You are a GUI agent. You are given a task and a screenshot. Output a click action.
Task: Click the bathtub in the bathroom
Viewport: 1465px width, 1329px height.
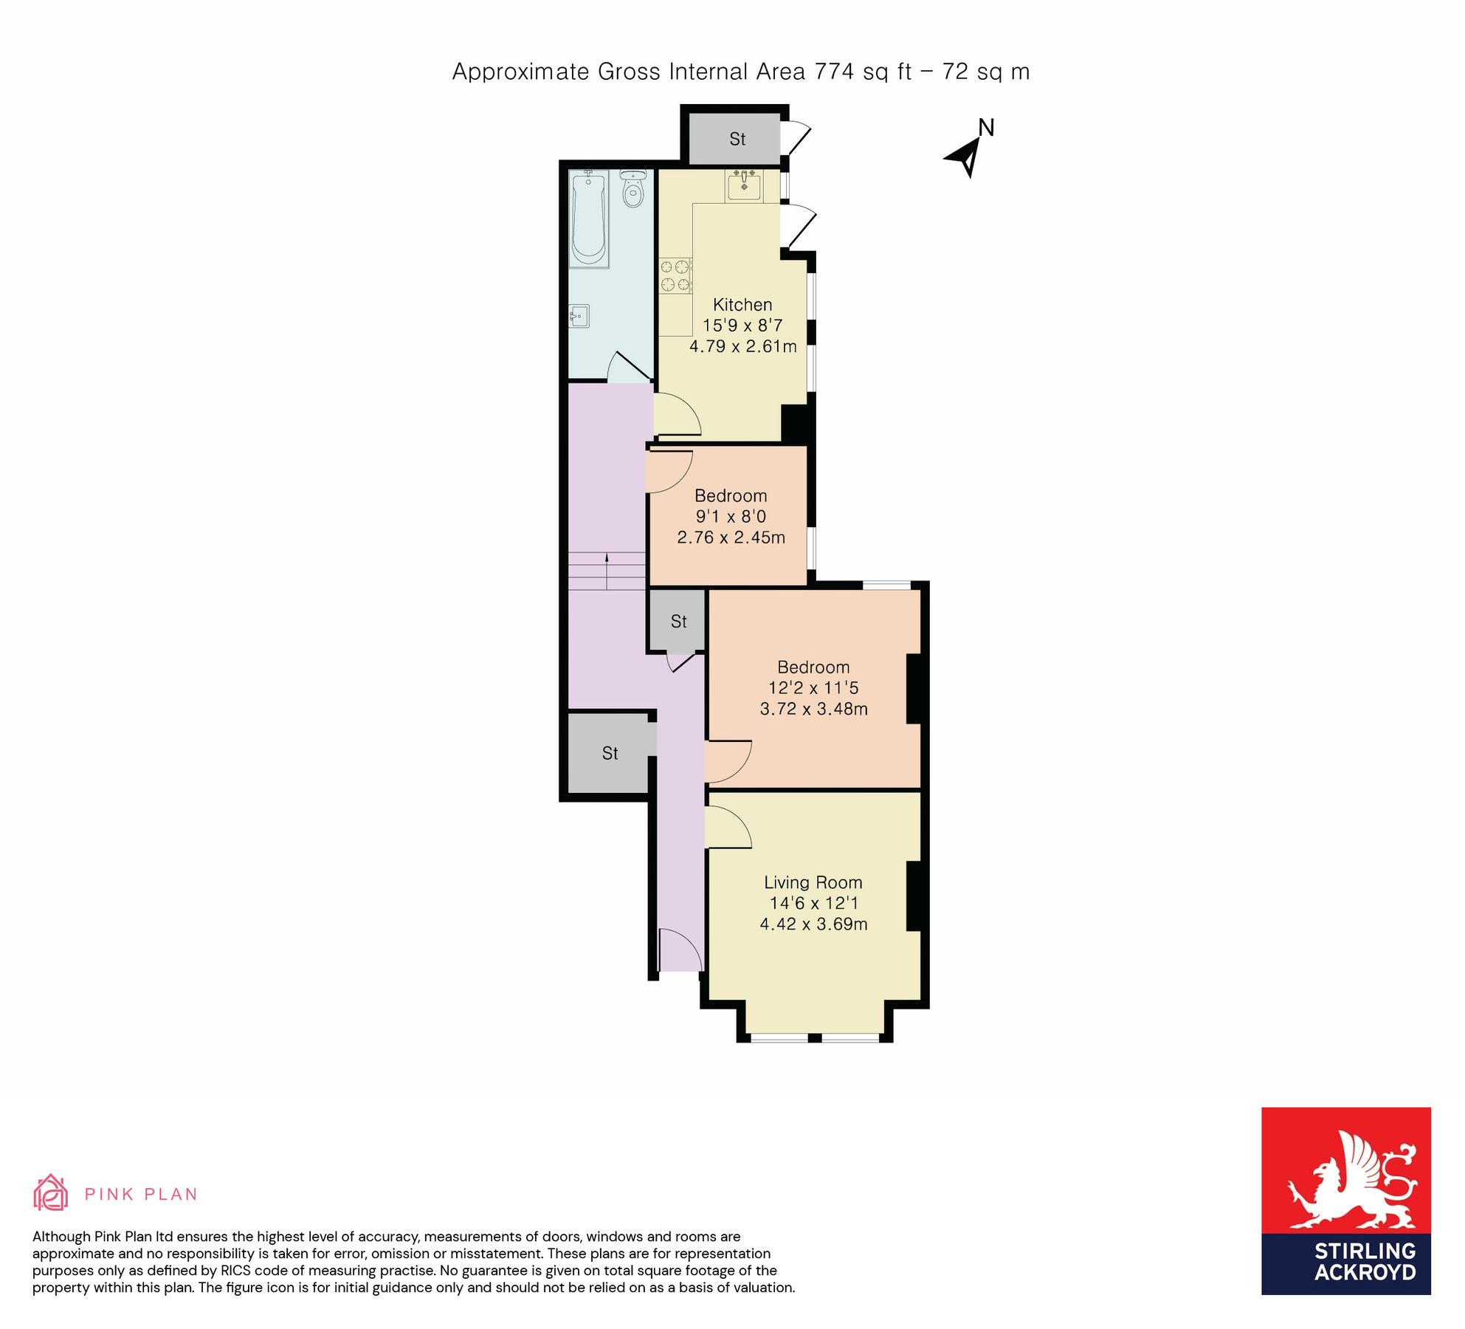point(589,218)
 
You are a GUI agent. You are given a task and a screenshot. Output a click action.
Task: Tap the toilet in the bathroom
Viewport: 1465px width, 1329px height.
point(632,190)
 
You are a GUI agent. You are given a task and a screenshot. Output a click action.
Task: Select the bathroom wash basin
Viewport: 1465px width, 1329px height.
point(579,317)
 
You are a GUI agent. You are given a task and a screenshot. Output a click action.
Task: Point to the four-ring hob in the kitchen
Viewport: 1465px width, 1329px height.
point(675,275)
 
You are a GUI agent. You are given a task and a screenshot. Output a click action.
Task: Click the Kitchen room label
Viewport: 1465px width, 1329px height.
point(742,305)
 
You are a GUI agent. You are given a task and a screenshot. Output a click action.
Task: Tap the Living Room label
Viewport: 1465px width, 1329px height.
point(813,882)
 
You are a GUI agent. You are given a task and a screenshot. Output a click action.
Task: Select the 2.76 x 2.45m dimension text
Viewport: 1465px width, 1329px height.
point(731,538)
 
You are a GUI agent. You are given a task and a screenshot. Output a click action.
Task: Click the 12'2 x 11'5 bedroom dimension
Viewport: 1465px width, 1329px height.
point(813,688)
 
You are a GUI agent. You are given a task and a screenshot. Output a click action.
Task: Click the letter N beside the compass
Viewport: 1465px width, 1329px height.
point(986,128)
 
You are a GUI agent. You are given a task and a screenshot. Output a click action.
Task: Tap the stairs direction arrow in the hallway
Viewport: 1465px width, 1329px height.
point(607,569)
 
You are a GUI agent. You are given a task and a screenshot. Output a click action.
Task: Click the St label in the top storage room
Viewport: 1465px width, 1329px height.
point(737,139)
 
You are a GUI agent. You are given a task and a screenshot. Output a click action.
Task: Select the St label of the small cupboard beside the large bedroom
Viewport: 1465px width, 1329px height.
point(678,622)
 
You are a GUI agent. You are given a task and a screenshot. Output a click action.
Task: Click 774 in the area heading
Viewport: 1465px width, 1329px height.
point(834,72)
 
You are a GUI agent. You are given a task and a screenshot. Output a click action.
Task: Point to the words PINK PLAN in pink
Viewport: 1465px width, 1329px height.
point(140,1195)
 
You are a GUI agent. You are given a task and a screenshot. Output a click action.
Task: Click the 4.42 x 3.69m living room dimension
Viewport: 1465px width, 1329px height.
point(813,924)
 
